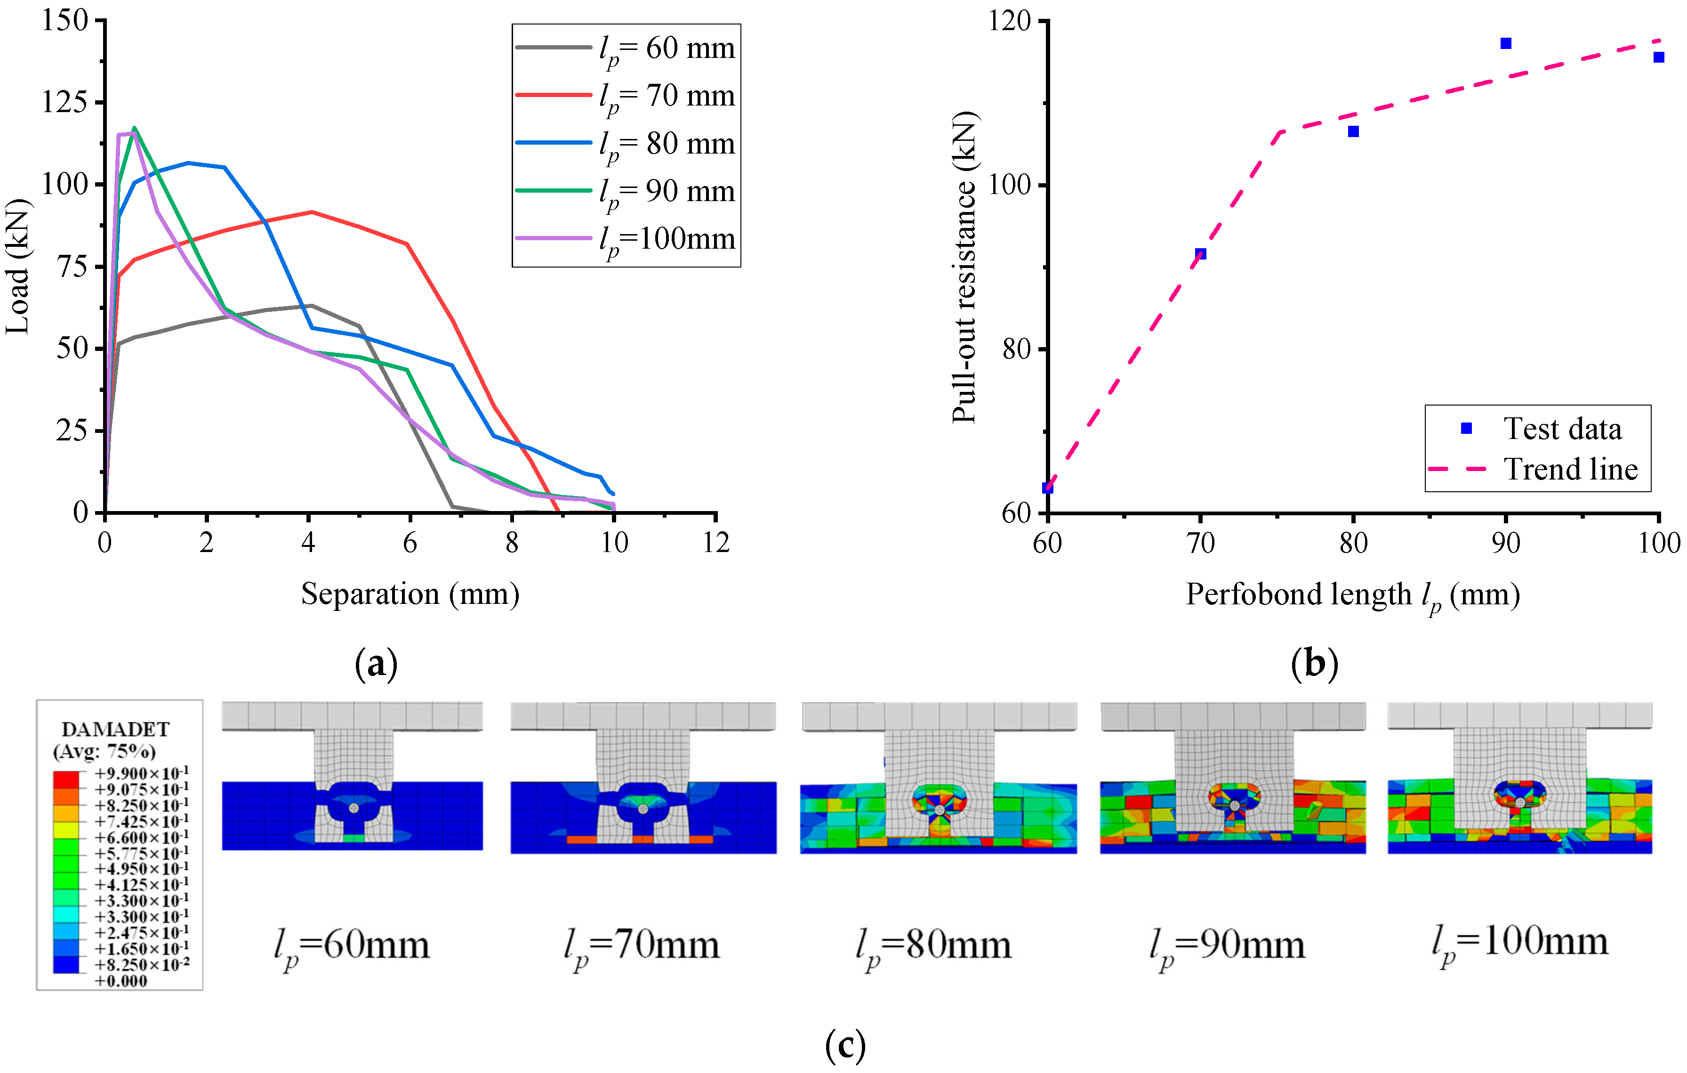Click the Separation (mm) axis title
pos(410,594)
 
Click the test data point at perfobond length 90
pos(1506,43)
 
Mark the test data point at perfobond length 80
pos(1353,132)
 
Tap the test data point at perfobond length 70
pos(1200,254)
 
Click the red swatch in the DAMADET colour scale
pos(66,779)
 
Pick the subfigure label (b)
pos(1314,663)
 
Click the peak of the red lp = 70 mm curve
pos(311,211)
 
